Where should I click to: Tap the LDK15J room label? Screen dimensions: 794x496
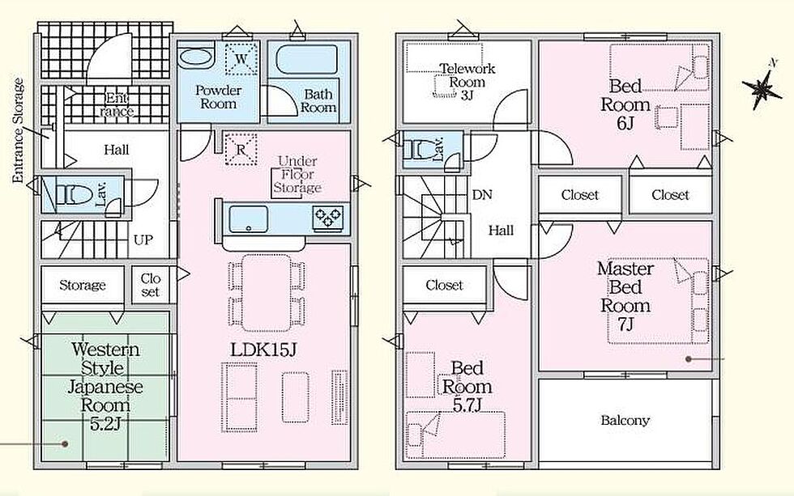pos(263,349)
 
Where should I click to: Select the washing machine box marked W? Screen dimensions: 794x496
pos(241,58)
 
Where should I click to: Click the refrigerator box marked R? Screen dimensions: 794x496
pos(241,149)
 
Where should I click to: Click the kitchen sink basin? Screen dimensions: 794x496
pos(248,219)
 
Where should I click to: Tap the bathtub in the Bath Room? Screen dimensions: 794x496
pos(307,60)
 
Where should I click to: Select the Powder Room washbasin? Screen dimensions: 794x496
pos(196,56)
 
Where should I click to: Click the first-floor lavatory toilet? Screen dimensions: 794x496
pos(70,194)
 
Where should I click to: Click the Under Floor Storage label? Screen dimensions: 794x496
pos(297,175)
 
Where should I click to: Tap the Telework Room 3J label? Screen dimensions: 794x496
pos(467,82)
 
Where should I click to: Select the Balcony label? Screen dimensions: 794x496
pos(625,420)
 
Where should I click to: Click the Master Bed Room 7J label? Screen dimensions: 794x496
pos(625,296)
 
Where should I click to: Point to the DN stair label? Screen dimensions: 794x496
pos(481,195)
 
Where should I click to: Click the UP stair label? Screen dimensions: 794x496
pos(143,240)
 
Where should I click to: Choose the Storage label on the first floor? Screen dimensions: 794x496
pos(83,285)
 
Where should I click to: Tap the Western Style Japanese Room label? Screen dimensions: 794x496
pos(105,386)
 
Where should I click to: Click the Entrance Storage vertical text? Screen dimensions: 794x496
pos(18,130)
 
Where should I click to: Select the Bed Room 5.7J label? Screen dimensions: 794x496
pos(467,386)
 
